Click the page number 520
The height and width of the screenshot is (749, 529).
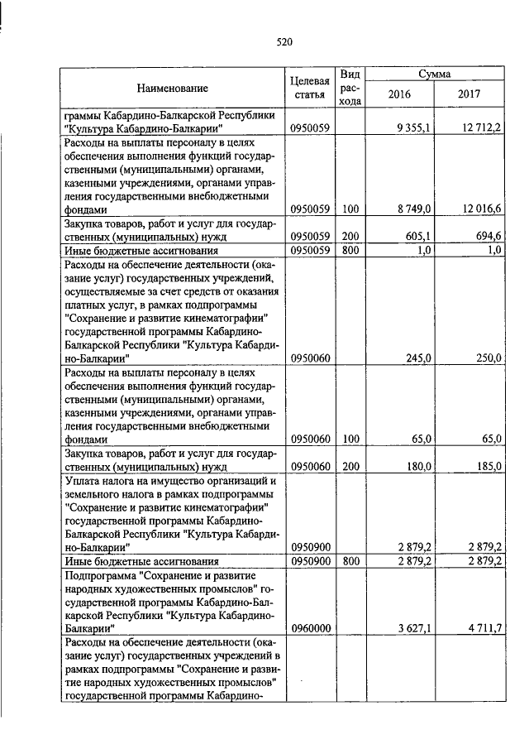point(284,41)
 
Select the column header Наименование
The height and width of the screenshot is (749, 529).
point(172,88)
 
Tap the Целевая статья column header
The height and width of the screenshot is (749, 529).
point(311,88)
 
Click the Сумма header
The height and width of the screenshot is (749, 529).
point(434,74)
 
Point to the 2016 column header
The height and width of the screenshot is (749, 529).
point(399,94)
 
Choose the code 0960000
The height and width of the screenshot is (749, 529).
point(311,628)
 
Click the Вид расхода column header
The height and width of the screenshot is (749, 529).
point(350,88)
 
